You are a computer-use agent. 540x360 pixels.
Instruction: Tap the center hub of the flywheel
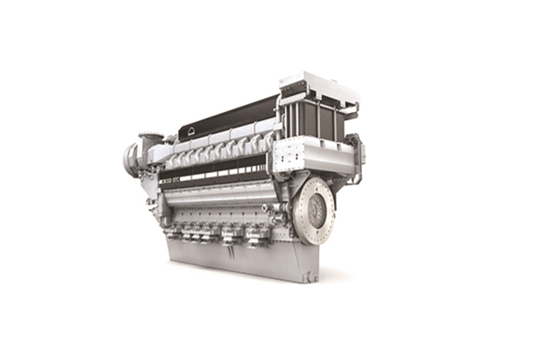314,208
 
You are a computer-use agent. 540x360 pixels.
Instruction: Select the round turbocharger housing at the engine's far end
133,160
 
